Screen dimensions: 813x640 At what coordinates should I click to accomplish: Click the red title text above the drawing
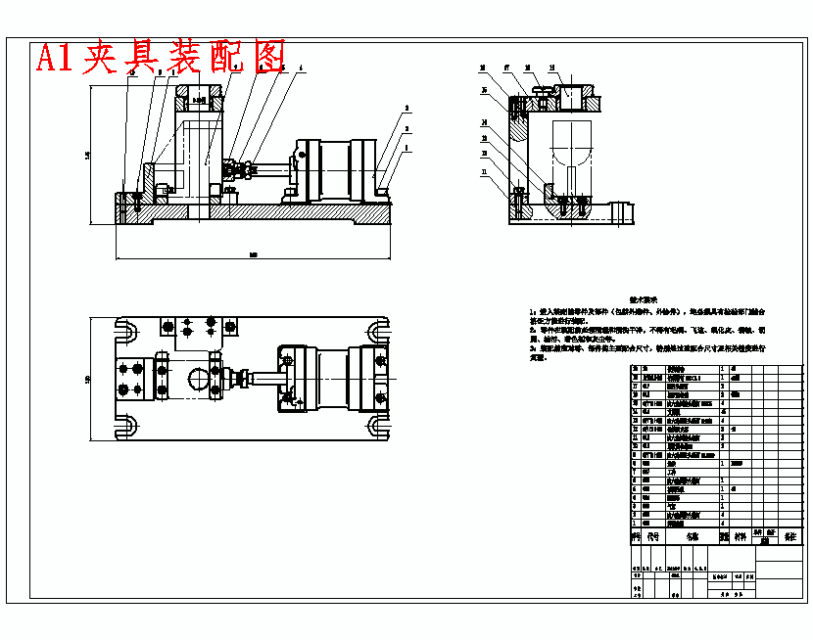(x=161, y=57)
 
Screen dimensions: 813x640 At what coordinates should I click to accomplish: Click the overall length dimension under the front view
(x=253, y=255)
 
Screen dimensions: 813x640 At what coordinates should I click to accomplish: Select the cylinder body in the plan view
(x=338, y=377)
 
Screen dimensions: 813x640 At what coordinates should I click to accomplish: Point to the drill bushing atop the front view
(x=200, y=98)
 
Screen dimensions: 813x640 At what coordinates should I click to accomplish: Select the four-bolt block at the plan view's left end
(x=132, y=378)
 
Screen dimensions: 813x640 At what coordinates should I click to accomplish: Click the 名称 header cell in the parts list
(x=693, y=536)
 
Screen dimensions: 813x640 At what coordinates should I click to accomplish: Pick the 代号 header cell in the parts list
(x=653, y=536)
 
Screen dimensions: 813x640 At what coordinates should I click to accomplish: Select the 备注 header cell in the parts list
(x=789, y=536)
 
